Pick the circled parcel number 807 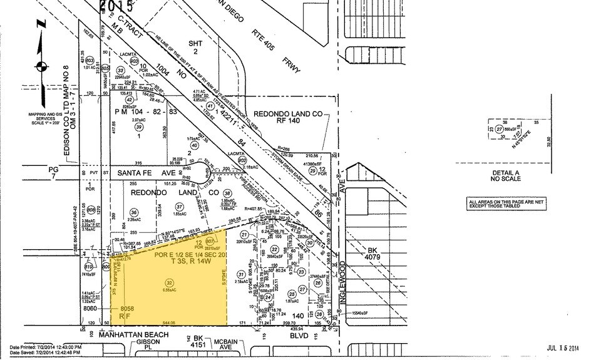(x=210, y=241)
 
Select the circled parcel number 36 (x=133, y=212)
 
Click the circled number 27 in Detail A (x=500, y=128)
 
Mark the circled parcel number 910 (x=89, y=265)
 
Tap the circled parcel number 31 (x=240, y=275)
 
